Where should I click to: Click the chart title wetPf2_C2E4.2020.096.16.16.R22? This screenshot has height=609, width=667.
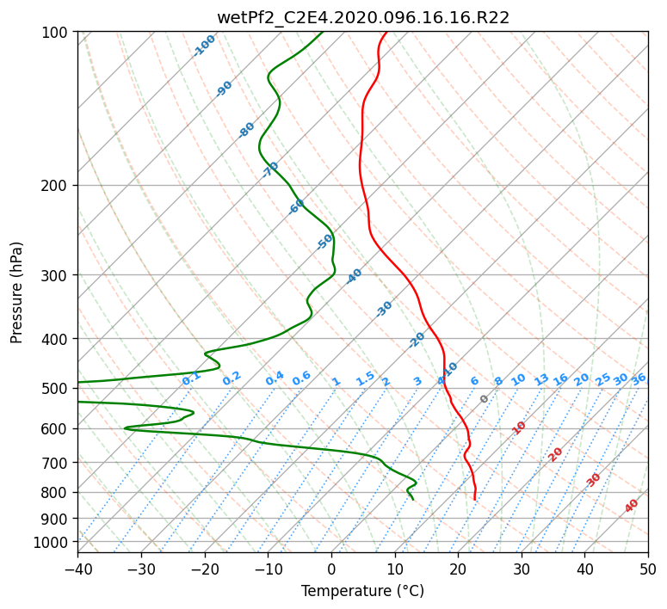coord(363,18)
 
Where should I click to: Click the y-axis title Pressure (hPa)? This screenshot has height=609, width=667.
coord(16,292)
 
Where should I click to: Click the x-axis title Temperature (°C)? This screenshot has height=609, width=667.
coord(363,591)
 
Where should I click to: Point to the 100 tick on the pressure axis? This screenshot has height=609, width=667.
coord(55,32)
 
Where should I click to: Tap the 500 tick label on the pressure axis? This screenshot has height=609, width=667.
coord(55,388)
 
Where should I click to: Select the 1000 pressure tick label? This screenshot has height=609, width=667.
coord(51,543)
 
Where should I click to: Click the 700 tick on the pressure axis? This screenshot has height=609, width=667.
coord(55,462)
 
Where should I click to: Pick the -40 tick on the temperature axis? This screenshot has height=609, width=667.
coord(77,569)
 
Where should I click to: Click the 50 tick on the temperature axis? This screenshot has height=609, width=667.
coord(648,569)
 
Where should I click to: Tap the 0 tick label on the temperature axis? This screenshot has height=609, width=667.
coord(332,569)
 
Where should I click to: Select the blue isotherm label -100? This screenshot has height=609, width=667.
coord(204,46)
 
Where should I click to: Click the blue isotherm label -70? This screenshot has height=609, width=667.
coord(269,169)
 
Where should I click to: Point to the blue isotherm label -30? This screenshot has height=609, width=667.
coord(384,309)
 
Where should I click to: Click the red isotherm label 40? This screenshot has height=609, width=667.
coord(631,506)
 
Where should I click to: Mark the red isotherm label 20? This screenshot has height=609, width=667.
coord(555,455)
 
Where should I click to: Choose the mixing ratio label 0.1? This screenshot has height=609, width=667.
coord(191,378)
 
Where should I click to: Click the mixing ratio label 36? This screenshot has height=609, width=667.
coord(639,378)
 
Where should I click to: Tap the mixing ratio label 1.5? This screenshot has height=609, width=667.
coord(366,378)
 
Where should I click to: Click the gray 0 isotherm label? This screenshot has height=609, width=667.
coord(484,398)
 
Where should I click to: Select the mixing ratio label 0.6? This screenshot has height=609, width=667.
coord(301,378)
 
